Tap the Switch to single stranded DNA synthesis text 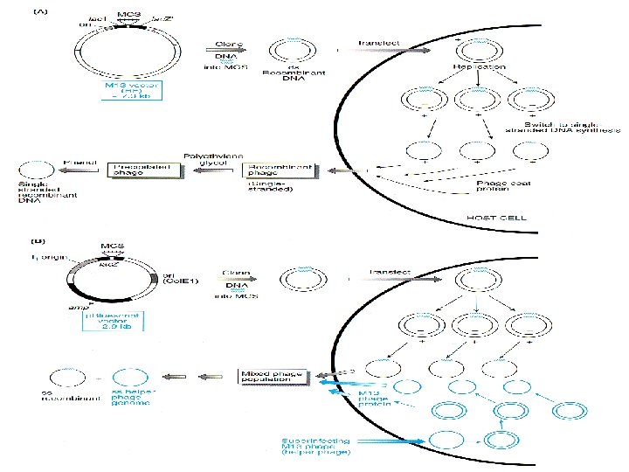click(576, 124)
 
